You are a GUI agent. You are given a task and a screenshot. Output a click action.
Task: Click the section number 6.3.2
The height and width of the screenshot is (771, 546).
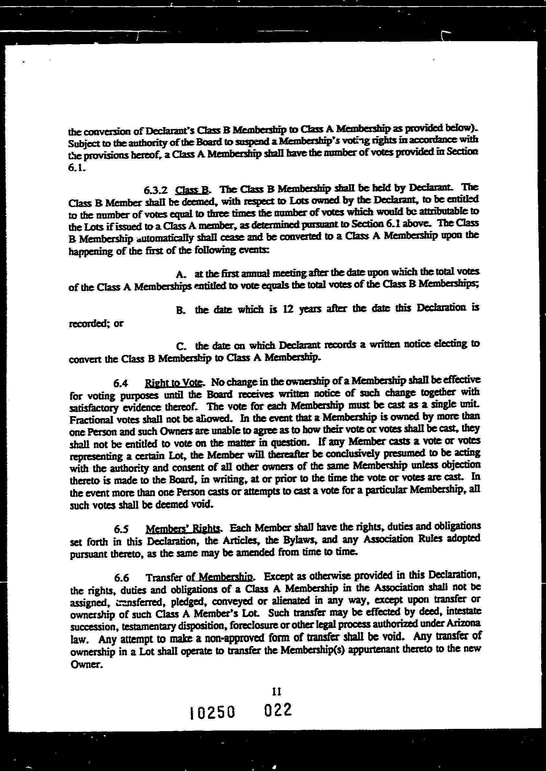click(x=155, y=190)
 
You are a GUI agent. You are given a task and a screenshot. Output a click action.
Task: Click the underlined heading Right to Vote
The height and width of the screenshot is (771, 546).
click(x=174, y=383)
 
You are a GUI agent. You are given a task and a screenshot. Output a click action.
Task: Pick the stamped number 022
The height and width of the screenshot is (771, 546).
click(x=278, y=710)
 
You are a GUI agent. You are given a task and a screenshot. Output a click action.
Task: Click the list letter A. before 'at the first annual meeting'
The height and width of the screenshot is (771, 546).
click(x=181, y=274)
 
